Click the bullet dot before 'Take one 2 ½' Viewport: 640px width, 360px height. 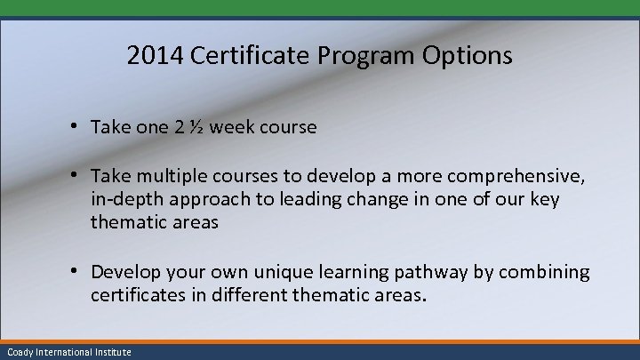click(x=78, y=126)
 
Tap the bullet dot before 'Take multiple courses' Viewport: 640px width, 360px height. click(x=78, y=176)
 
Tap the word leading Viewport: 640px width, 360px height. click(x=306, y=199)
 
